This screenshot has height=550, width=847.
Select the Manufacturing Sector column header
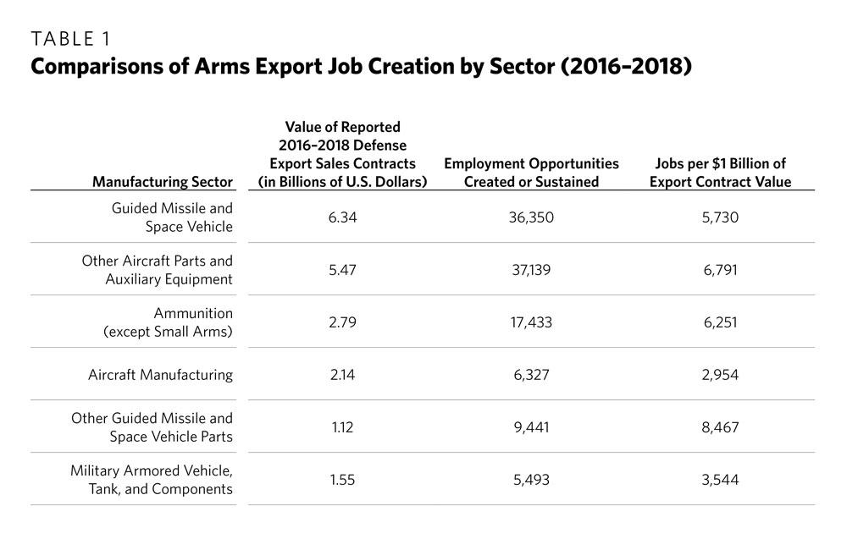point(163,181)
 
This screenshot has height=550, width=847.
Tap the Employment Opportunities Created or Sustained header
point(531,172)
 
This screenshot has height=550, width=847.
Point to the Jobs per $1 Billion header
point(720,172)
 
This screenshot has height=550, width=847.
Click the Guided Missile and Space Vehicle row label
point(172,217)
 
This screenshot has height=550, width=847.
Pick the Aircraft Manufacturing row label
point(160,374)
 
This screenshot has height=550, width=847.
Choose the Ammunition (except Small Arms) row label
point(168,322)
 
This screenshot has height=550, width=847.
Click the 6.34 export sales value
point(342,217)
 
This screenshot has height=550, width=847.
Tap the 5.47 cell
point(342,269)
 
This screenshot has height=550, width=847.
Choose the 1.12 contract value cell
point(342,427)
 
